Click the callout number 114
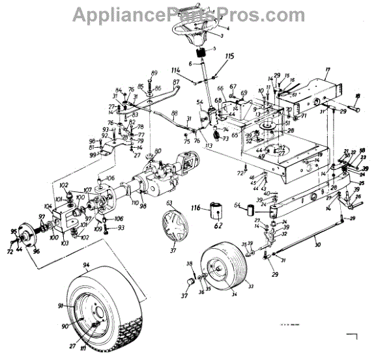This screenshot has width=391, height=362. tap(175, 70)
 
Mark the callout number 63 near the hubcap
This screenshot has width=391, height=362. tap(169, 204)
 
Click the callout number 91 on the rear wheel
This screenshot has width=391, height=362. tap(61, 306)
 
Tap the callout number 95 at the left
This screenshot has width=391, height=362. tap(13, 231)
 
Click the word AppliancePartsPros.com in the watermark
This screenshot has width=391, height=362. tap(195, 14)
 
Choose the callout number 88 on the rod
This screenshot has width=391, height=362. tap(174, 115)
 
